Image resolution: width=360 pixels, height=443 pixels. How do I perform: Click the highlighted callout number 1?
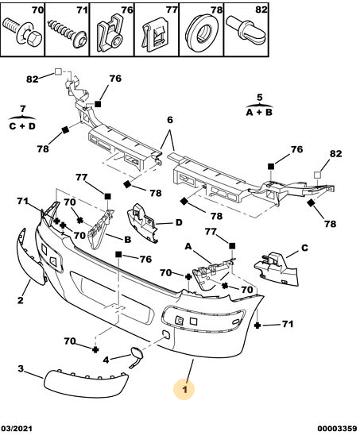coord(184,390)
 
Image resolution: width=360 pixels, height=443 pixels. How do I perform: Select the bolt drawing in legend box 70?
coord(22,32)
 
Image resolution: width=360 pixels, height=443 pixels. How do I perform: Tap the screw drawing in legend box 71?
coord(67,33)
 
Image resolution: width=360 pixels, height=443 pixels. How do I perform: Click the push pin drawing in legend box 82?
coord(246,30)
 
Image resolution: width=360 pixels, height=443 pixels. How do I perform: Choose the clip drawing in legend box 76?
coord(110,33)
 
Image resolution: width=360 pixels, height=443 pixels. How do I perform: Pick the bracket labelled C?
coord(277,268)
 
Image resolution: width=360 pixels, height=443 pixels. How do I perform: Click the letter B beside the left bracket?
coord(128,240)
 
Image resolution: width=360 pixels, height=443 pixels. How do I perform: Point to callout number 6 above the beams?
coord(170,120)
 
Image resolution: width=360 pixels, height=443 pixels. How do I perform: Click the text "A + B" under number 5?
coord(259,113)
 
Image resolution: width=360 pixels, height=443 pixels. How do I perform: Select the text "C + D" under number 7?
coord(22,126)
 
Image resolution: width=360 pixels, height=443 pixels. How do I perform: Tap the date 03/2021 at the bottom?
coord(17,428)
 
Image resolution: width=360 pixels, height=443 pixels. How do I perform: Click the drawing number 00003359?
coord(337,428)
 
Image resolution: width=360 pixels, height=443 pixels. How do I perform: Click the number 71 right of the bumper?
coord(288,324)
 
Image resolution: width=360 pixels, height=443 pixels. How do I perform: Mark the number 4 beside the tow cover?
coord(106,360)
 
